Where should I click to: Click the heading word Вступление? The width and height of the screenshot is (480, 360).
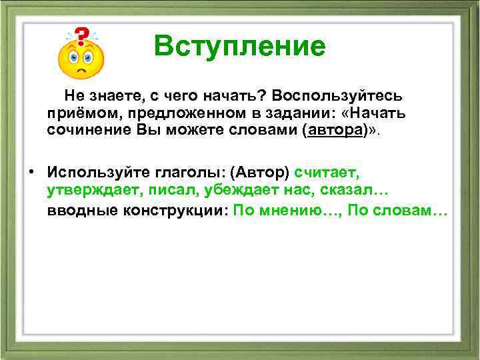coord(239,47)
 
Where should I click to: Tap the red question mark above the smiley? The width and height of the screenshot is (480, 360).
coord(81,36)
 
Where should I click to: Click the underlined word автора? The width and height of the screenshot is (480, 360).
coord(334,131)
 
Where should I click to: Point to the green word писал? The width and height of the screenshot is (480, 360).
coord(161,191)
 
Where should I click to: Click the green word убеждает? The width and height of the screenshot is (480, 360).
coord(230,191)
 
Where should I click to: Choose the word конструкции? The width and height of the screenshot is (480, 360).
coord(169,211)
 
